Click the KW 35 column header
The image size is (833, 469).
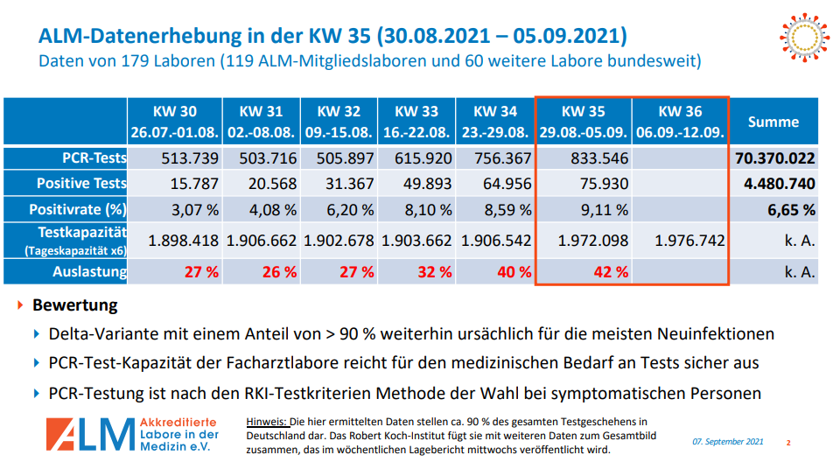(583, 122)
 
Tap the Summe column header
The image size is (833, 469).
(773, 122)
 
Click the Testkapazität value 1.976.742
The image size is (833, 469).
(689, 241)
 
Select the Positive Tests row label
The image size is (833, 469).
(80, 184)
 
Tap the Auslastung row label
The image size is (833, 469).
(89, 271)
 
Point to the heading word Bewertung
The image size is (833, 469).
(74, 306)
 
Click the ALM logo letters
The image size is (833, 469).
(87, 435)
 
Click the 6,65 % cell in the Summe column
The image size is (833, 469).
(792, 210)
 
